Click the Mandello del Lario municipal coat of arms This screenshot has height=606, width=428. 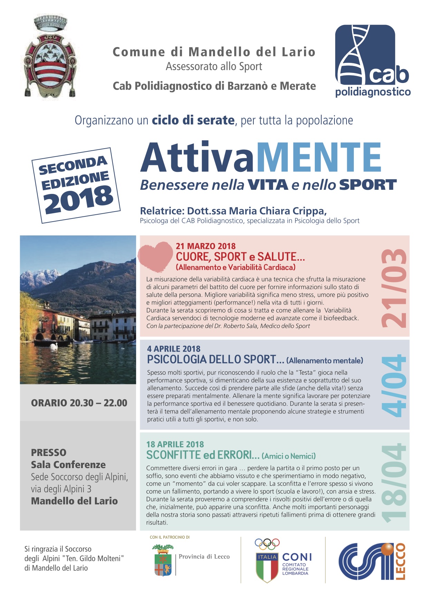coord(50,57)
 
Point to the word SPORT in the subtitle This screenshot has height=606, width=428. coord(368,185)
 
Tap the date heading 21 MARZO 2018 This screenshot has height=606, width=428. coord(206,246)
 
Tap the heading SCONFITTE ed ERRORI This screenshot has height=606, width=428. coord(203,455)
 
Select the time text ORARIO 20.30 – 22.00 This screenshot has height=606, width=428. coord(79,403)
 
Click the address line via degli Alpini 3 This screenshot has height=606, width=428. coord(61,489)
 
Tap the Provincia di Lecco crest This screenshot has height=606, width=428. coord(163,560)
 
